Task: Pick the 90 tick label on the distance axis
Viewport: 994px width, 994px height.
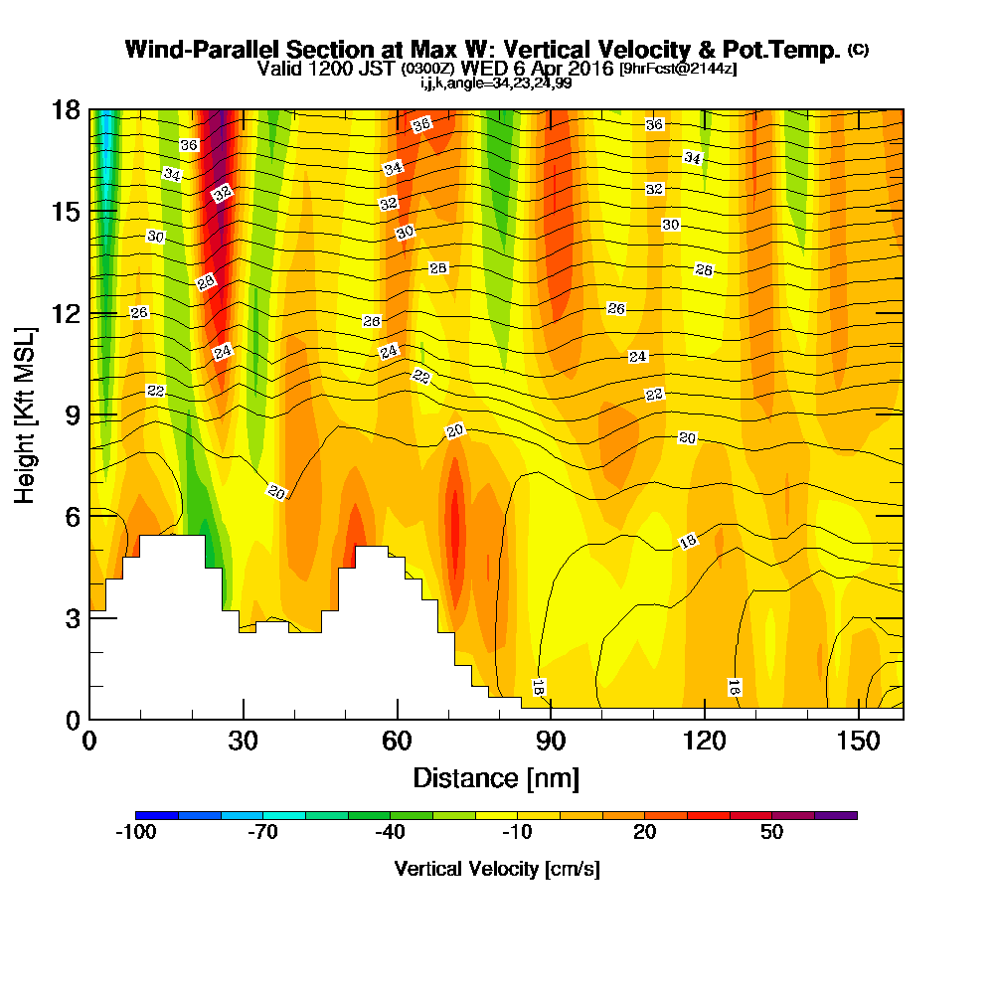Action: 551,742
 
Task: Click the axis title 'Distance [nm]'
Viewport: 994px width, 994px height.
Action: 496,777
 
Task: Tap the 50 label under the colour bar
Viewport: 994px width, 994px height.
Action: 772,833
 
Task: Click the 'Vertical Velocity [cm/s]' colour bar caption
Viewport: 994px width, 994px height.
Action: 496,869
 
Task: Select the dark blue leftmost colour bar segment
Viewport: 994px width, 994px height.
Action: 157,815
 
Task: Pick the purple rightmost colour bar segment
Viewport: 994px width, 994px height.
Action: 836,815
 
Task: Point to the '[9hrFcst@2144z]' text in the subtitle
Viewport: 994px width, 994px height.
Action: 678,69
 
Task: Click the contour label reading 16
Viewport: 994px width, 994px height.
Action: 734,687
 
